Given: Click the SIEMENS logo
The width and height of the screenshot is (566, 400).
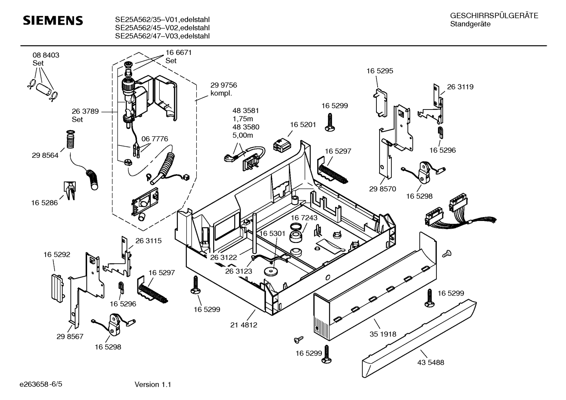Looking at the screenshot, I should click(53, 20).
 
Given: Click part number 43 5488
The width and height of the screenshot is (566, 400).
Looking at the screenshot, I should click(431, 362).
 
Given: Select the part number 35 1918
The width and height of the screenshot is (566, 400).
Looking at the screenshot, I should click(383, 334).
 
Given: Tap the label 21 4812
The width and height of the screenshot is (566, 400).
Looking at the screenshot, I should click(244, 325).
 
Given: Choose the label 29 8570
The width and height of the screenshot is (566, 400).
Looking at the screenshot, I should click(382, 189).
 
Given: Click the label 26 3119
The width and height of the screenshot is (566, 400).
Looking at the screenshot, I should click(460, 87).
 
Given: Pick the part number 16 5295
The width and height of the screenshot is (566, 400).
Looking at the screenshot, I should click(380, 71).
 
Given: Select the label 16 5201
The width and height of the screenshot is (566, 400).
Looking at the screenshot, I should click(303, 124).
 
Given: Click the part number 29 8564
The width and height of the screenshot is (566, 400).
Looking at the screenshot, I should click(45, 155).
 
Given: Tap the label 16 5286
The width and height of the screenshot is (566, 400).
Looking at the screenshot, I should click(44, 203).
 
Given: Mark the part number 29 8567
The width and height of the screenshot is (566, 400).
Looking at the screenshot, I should click(70, 336).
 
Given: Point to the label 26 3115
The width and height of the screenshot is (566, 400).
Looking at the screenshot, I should click(148, 241).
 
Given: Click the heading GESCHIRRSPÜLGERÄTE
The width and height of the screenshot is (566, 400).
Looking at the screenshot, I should click(494, 16).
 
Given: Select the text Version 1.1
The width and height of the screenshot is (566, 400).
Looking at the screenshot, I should click(153, 385).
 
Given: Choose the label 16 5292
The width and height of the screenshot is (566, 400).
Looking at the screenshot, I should click(57, 255).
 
